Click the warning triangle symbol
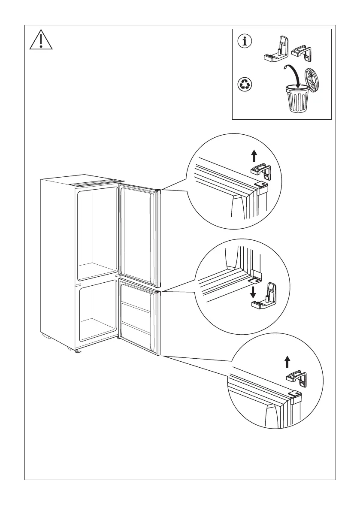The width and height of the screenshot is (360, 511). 40,39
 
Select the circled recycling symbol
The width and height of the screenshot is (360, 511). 245,85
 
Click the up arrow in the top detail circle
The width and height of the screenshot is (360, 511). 254,155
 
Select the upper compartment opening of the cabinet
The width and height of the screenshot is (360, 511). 97,232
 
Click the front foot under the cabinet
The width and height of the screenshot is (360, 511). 78,351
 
